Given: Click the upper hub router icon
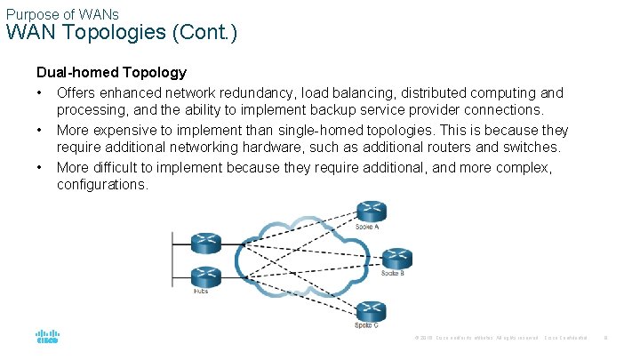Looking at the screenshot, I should click(x=205, y=241).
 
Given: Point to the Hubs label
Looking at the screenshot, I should click(x=201, y=291).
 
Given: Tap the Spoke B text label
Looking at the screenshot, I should click(x=392, y=273).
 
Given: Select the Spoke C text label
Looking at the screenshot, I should click(x=366, y=326).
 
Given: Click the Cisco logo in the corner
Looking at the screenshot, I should click(x=47, y=338).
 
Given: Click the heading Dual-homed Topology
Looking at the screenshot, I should click(x=111, y=73).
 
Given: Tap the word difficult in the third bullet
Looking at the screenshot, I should click(x=124, y=167).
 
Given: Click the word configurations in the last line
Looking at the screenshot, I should click(x=101, y=184).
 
